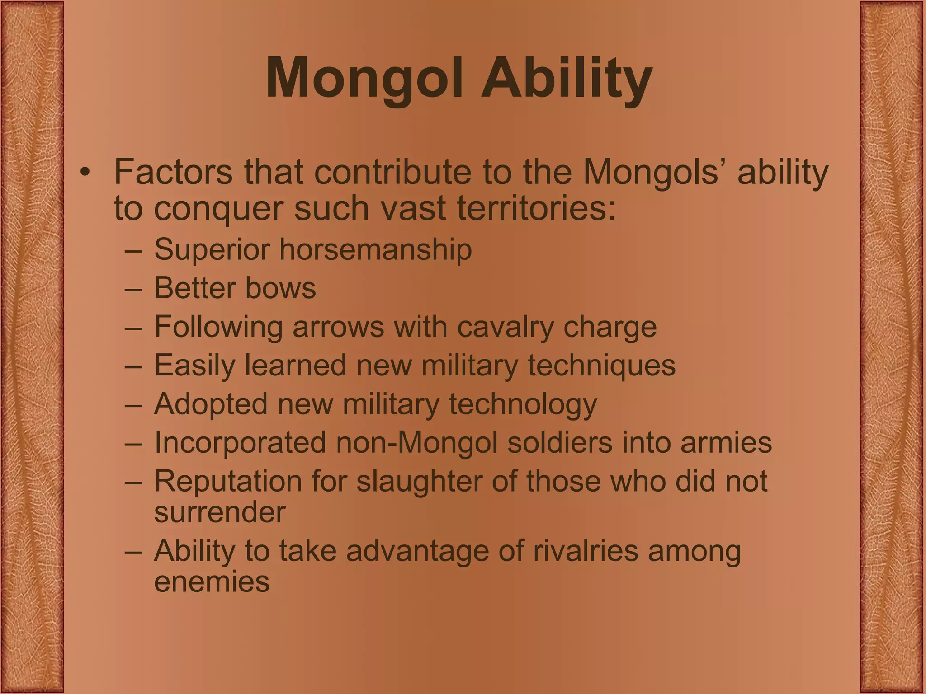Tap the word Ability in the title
[x=566, y=78]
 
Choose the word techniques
[x=601, y=365]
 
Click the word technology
[x=523, y=404]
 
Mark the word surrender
[x=220, y=512]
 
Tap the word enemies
[x=212, y=581]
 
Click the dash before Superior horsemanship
[x=134, y=250]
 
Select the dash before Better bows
[x=134, y=289]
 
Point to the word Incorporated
[x=240, y=442]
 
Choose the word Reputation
[x=228, y=481]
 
